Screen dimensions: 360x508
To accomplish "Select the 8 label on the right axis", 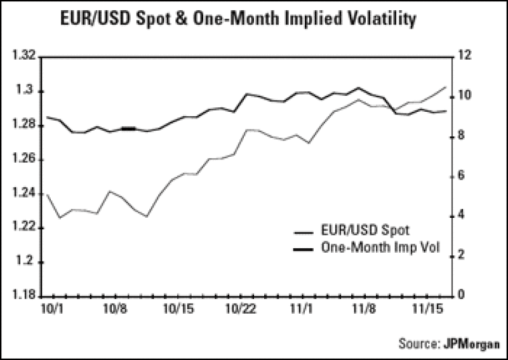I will click(x=462, y=136).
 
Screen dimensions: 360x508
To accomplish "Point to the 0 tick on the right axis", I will click(x=462, y=295).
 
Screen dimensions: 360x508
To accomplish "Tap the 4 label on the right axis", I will click(x=462, y=216).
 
